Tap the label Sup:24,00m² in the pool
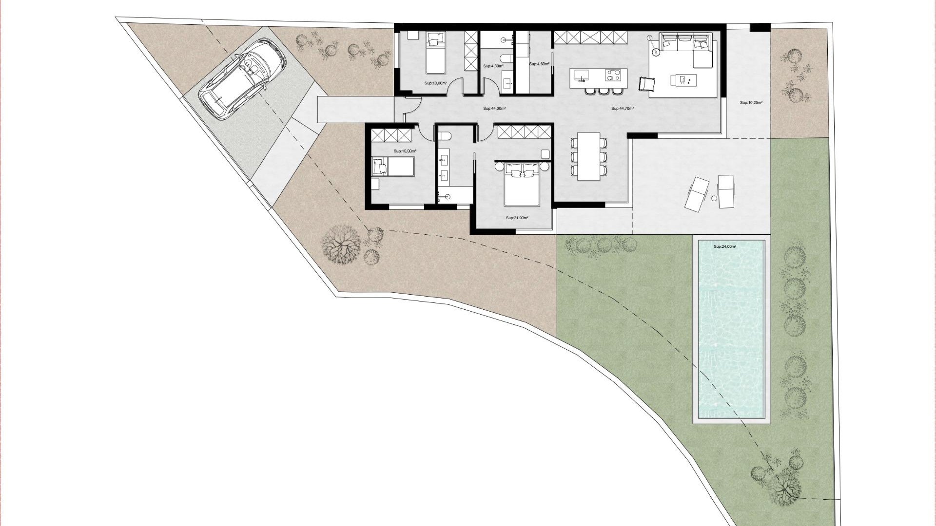[724, 247]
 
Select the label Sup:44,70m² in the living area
[623, 109]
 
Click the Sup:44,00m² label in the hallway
[494, 109]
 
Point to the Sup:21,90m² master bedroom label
[517, 218]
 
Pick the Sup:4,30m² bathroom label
[492, 66]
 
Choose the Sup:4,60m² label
[539, 64]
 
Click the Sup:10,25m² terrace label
[751, 103]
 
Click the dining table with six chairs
[589, 156]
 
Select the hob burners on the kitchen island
[613, 75]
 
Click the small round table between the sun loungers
[714, 198]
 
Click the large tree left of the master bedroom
[341, 243]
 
